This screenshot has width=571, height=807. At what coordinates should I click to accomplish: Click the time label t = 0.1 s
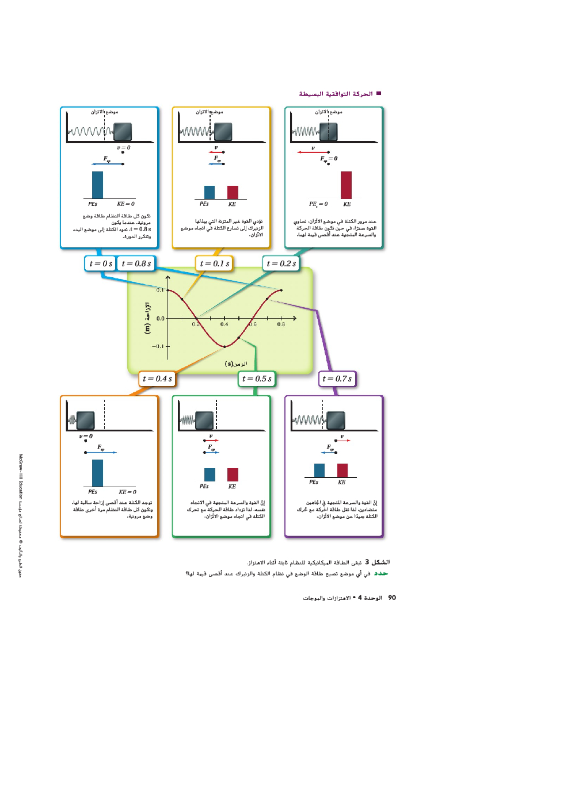click(x=214, y=263)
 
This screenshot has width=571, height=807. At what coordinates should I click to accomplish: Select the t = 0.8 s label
click(x=136, y=263)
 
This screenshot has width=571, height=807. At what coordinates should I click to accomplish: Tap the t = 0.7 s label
click(x=337, y=378)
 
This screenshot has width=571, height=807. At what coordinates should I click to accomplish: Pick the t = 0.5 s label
click(x=257, y=378)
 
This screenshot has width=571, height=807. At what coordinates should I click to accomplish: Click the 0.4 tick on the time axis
click(x=224, y=324)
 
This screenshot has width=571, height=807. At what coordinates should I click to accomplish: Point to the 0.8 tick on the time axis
click(x=281, y=324)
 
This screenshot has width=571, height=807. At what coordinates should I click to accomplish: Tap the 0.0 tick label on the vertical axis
click(x=160, y=318)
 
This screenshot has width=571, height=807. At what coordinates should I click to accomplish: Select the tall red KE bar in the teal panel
click(x=346, y=185)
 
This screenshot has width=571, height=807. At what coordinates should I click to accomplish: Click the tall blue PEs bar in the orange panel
click(x=97, y=473)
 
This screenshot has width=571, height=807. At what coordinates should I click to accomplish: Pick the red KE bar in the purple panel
click(x=342, y=470)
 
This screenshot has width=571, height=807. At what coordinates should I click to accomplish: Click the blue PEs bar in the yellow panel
click(x=210, y=192)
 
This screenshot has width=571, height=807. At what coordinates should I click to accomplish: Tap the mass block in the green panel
click(x=204, y=420)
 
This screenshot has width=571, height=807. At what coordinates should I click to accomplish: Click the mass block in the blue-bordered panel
click(x=122, y=132)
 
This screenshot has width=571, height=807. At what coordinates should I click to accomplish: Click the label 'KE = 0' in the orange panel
click(x=127, y=492)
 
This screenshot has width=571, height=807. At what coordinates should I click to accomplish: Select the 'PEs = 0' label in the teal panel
click(x=318, y=204)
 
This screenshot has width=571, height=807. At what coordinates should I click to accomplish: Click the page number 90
click(x=392, y=598)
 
